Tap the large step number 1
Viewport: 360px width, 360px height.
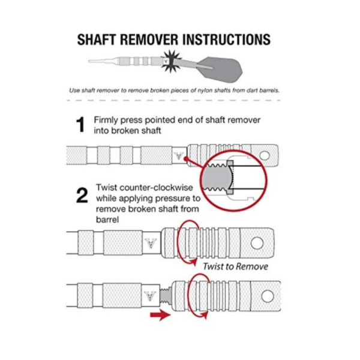(80, 125)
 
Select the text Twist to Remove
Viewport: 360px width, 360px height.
(235, 266)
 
